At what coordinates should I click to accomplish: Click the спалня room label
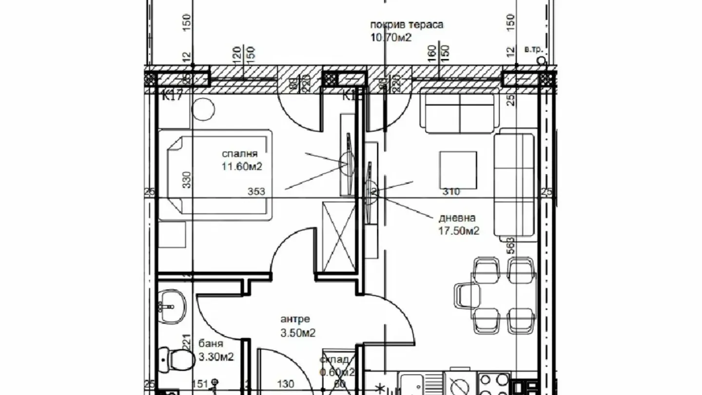[x=239, y=155]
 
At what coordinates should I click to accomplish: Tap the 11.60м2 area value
[x=242, y=167]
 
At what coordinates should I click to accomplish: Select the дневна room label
[x=457, y=218]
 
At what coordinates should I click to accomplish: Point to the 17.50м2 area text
[x=459, y=231]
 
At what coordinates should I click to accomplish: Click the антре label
[x=295, y=320]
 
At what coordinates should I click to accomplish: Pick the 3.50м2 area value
[x=297, y=333]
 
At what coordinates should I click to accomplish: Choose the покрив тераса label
[x=407, y=25]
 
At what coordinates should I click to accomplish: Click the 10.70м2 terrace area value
[x=391, y=37]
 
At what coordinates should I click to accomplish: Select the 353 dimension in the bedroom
[x=256, y=192]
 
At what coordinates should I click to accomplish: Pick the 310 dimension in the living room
[x=451, y=192]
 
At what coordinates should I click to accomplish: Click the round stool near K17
[x=203, y=110]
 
